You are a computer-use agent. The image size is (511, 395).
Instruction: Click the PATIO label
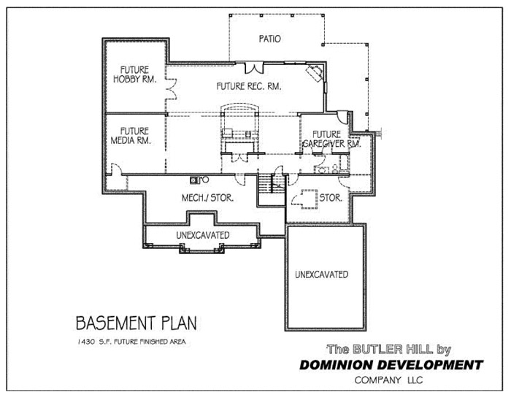(269, 39)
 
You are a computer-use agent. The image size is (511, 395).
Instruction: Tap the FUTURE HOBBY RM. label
(134, 74)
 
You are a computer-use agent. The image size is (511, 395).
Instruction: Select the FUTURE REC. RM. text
(249, 86)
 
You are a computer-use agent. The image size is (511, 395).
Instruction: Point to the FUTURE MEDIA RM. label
(131, 136)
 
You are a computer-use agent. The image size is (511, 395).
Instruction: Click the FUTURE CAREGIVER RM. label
(331, 139)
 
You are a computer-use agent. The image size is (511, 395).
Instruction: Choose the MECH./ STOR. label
(207, 197)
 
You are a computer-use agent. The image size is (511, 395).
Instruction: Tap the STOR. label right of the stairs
(331, 197)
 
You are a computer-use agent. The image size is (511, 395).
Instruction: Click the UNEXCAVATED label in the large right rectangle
(322, 275)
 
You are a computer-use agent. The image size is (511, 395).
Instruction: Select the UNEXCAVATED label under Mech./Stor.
(203, 235)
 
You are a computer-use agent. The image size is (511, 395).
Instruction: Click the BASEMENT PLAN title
(137, 323)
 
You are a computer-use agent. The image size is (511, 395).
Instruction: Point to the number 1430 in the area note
(86, 342)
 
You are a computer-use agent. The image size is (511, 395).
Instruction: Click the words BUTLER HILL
(393, 350)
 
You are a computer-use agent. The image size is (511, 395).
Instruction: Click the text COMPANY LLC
(388, 380)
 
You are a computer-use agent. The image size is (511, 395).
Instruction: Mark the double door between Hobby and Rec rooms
(172, 88)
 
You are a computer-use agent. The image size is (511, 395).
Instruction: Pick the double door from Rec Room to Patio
(254, 68)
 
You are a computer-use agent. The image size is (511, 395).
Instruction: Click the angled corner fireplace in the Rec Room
(314, 74)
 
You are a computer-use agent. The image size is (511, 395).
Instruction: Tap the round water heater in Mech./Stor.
(205, 180)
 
